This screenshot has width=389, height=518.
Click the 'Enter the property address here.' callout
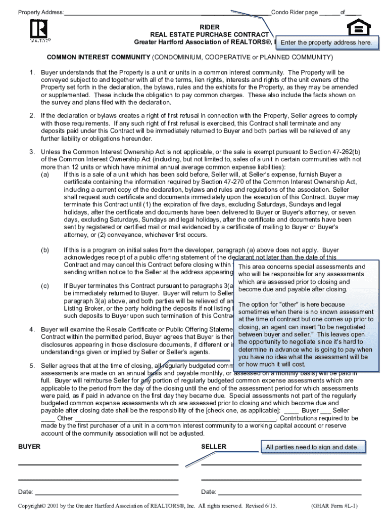329,43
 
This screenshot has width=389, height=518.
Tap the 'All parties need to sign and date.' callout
312,447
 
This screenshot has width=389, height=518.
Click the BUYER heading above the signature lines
29,447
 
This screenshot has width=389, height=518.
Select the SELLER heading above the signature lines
214,447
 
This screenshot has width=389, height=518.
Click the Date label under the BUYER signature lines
26,492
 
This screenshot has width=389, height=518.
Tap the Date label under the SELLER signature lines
209,492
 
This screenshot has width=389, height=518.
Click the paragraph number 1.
31,72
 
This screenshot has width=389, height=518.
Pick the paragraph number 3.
31,152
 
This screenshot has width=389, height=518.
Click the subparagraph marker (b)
45,250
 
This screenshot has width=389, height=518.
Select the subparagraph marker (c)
45,286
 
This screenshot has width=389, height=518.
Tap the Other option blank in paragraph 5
47,418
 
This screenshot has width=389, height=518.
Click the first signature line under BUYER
99,464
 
